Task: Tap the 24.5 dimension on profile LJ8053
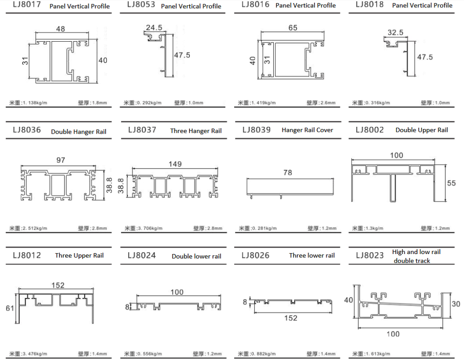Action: (x=154, y=27)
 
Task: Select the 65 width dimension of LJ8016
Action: (x=293, y=28)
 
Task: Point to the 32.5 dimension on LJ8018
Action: (x=395, y=33)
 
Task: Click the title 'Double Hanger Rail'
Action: (x=79, y=132)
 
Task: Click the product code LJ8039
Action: (x=256, y=130)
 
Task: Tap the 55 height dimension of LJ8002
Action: (x=451, y=183)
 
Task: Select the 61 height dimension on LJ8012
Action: (x=10, y=308)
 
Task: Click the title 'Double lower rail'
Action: (x=196, y=256)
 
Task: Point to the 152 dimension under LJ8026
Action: (x=291, y=318)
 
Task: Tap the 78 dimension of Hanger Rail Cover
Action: (x=287, y=173)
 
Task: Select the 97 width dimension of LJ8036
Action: (x=61, y=160)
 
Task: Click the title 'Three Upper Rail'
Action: (x=79, y=255)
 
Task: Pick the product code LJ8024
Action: (x=142, y=255)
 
